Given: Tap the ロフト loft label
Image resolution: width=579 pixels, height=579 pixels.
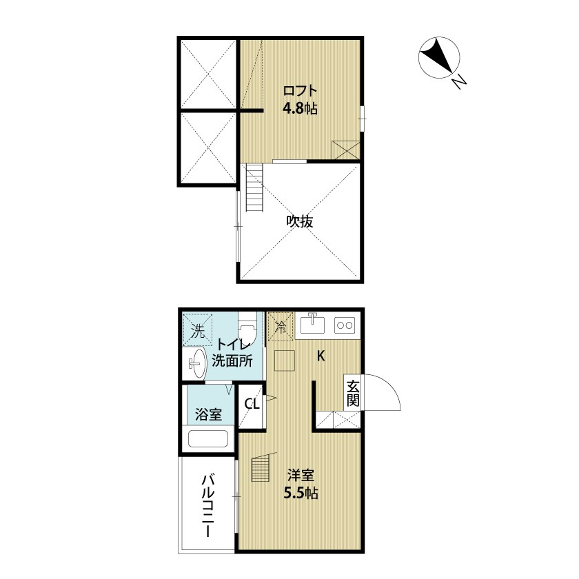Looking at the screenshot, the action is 300,91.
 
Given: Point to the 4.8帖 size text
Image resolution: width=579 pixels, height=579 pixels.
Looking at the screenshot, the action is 300,109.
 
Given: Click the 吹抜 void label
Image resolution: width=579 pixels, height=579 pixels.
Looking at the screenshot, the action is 300,221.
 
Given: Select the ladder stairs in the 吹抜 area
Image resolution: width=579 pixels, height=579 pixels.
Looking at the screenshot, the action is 254,187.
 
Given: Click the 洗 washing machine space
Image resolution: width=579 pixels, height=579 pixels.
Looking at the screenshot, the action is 198,329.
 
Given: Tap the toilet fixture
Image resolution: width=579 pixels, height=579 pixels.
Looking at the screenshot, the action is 247,327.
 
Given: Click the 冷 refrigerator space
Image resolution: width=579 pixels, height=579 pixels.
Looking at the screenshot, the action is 281,326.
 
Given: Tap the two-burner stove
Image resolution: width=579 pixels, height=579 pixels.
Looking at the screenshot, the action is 345,325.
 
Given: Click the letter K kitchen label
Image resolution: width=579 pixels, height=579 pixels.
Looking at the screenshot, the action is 321,356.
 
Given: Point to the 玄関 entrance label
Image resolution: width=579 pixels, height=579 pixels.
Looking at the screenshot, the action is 353,393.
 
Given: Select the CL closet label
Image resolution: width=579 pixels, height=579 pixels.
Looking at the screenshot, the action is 252,404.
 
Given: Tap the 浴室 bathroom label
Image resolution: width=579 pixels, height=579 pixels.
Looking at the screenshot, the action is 209,414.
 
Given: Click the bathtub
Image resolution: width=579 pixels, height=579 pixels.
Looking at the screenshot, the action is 208,438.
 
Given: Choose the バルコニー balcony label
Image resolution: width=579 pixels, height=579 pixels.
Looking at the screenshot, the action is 208,506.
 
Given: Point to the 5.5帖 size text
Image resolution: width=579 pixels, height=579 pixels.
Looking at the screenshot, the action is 301,494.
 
